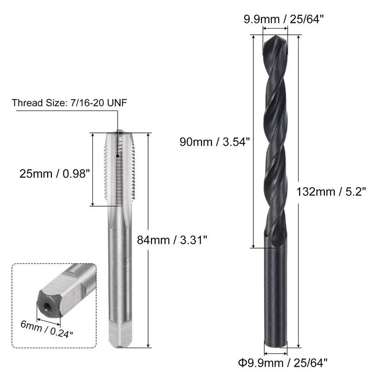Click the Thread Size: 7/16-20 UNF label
(x=69, y=103)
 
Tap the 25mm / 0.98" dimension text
(x=55, y=174)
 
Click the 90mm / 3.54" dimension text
(x=215, y=141)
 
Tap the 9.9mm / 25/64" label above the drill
(x=274, y=20)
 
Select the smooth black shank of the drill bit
(x=275, y=295)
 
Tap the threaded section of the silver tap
(x=119, y=169)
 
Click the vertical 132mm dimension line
(x=299, y=190)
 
